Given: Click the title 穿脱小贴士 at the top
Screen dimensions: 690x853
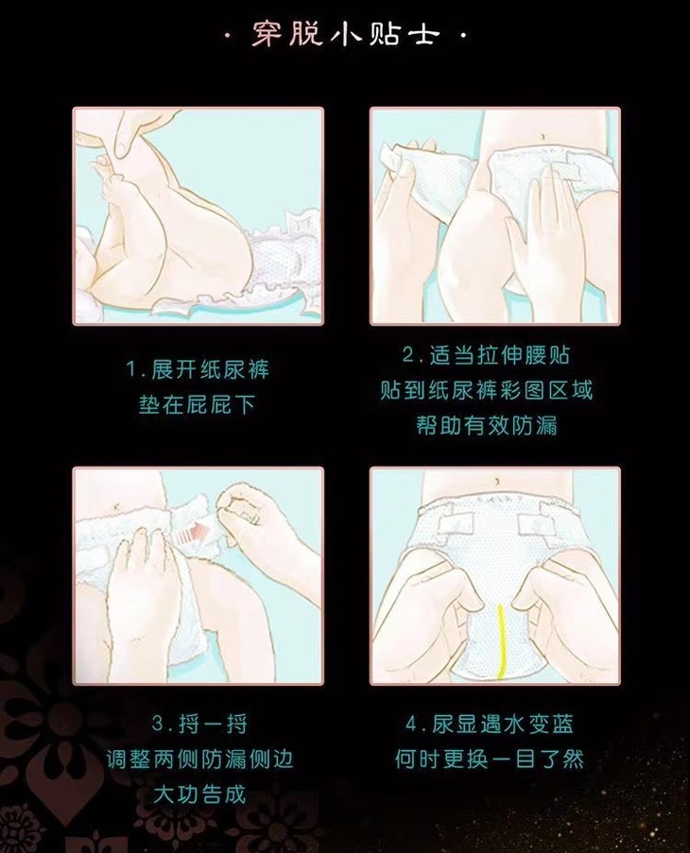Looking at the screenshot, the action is point(345,34).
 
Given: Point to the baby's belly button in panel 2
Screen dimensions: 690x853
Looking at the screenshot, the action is point(542,135).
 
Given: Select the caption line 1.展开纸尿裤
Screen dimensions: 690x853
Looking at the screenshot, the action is point(198,369).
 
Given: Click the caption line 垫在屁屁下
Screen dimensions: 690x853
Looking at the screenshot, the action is point(197,404).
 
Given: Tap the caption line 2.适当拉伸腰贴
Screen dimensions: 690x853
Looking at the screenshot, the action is point(486,355).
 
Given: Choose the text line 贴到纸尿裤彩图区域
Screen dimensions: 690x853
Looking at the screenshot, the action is point(486,390).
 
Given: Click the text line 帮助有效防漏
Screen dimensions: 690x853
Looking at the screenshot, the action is point(487,425).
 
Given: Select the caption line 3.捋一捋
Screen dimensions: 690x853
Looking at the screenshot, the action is point(199,725).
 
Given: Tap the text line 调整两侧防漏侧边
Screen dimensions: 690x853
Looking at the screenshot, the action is point(199,759).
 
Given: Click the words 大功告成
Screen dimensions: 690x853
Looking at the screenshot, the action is point(199,794).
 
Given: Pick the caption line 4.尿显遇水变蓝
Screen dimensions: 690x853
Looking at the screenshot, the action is point(489,725).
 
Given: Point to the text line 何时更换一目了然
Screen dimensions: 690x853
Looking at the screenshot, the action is point(489,759).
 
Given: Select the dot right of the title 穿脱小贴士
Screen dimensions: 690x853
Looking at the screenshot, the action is point(463,36).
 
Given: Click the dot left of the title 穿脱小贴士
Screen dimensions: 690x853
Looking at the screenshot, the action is point(228,36).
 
